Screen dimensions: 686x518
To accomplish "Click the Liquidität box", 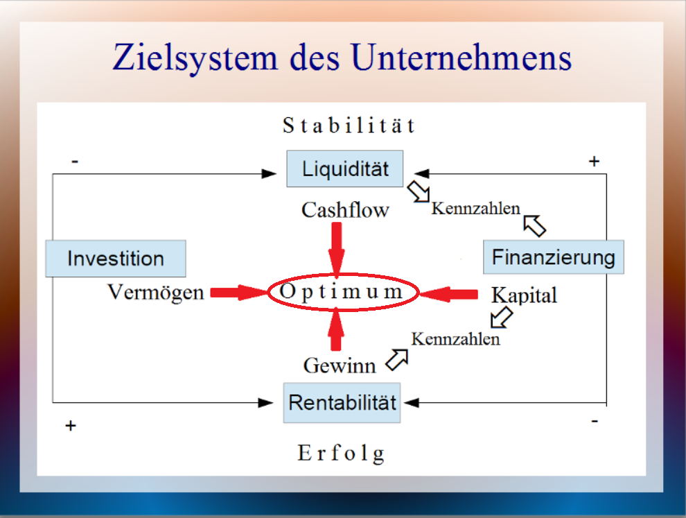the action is click(345, 169).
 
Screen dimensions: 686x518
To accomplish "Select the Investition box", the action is click(116, 259).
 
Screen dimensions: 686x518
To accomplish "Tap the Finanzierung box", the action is click(554, 257).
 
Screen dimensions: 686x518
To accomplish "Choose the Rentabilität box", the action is click(342, 403).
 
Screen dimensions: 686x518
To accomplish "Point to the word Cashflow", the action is click(345, 209).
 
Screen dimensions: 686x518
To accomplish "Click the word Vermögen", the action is click(156, 293).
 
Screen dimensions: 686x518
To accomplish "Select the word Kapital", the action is click(524, 295).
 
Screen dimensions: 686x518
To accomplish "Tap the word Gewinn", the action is click(340, 365).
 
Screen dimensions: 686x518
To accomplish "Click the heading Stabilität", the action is click(349, 126).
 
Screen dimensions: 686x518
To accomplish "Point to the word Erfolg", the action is click(341, 454).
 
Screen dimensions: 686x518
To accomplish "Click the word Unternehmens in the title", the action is click(461, 58).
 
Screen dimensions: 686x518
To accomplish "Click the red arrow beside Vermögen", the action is click(239, 293).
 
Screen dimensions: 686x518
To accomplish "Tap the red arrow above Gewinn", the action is click(336, 329).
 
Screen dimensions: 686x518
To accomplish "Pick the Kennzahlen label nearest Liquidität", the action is click(475, 209).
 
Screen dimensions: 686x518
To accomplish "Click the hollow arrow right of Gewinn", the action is click(397, 359).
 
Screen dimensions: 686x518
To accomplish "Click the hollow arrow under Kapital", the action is click(502, 317).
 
